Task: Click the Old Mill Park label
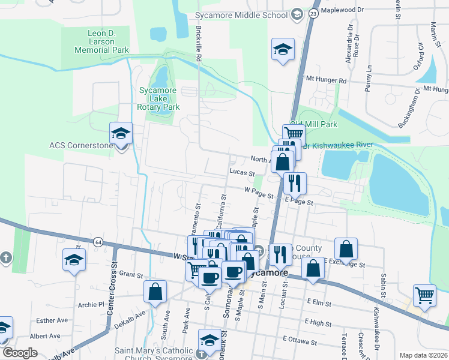(313, 124)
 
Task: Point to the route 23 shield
(313, 13)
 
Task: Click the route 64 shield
(97, 242)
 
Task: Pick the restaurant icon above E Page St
(295, 182)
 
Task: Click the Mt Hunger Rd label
(326, 80)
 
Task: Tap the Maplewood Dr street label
(343, 10)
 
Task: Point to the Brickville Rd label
(197, 44)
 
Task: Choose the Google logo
(20, 353)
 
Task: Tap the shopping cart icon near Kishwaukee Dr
(424, 295)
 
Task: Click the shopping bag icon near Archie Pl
(155, 292)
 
